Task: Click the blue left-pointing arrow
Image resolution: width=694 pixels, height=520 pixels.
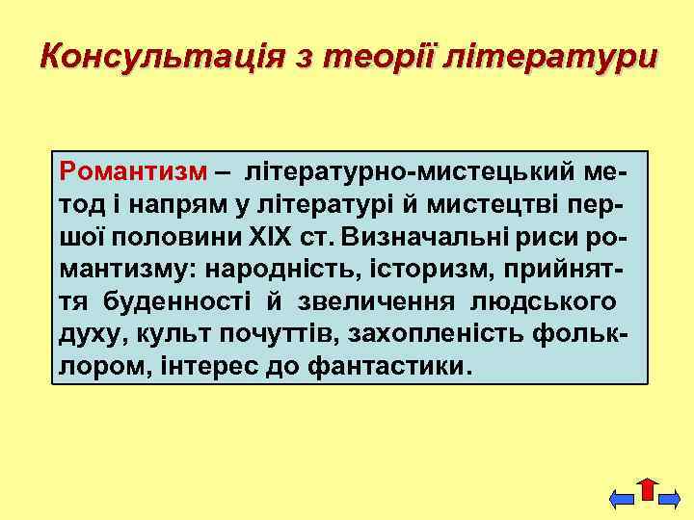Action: [x=623, y=499]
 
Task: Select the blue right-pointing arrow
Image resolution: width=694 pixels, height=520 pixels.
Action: [x=671, y=499]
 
